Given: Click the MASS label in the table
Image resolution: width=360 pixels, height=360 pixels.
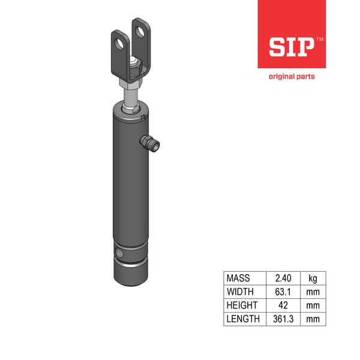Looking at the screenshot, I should (x=238, y=278).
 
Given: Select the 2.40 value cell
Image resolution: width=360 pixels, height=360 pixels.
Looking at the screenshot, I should (x=282, y=278).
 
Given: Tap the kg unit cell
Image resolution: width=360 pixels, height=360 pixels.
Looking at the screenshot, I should (x=313, y=278).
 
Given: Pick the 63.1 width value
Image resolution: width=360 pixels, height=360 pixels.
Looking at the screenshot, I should (x=282, y=292).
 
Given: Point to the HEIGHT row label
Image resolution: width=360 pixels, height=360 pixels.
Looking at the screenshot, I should (x=241, y=305).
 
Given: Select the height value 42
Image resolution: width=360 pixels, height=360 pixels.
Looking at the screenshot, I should (x=282, y=305).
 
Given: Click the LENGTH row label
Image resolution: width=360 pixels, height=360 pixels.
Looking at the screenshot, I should (x=243, y=319).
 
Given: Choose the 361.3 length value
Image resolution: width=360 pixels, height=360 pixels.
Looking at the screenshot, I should (x=282, y=319).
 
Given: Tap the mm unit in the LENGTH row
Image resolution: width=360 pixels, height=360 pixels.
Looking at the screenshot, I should (x=313, y=319).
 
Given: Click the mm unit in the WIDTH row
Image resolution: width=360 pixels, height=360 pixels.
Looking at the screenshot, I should (x=313, y=292).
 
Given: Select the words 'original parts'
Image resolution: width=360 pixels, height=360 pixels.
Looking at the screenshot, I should (x=291, y=76).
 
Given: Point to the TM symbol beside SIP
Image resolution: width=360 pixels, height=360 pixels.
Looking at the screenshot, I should (x=319, y=39).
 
